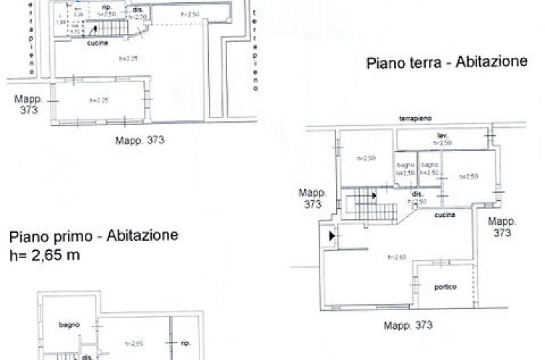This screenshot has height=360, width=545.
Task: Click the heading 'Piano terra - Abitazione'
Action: pyautogui.click(x=447, y=62)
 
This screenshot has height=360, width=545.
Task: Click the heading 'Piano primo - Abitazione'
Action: pyautogui.click(x=94, y=236)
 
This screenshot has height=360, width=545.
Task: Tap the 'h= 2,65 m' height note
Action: pyautogui.click(x=45, y=254)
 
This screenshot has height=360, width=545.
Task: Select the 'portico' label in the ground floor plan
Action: pyautogui.click(x=445, y=287)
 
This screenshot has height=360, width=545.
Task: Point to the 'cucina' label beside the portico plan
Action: pyautogui.click(x=445, y=214)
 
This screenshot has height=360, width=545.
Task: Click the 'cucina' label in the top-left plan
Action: pyautogui.click(x=98, y=43)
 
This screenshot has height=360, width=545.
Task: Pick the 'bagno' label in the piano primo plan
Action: pyautogui.click(x=69, y=325)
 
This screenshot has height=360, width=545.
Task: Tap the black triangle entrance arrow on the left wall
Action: pyautogui.click(x=331, y=236)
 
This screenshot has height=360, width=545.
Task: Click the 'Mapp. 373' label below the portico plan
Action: pyautogui.click(x=408, y=325)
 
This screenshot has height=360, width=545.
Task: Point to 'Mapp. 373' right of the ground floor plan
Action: pyautogui.click(x=501, y=226)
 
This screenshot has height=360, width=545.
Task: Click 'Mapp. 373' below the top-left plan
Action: pyautogui.click(x=140, y=140)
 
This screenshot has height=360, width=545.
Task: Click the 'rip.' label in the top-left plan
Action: pyautogui.click(x=106, y=8)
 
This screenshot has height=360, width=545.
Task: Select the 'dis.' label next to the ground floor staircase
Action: pyautogui.click(x=417, y=194)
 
